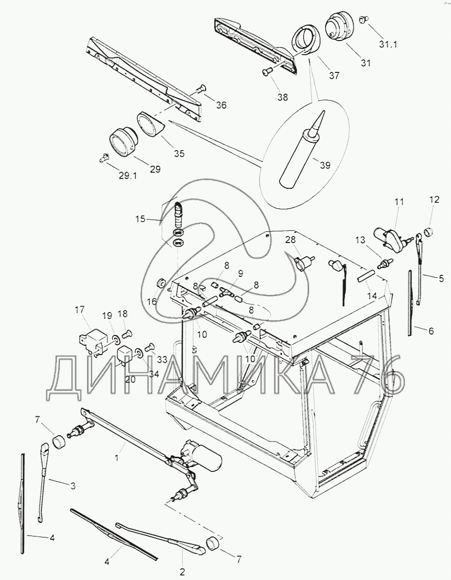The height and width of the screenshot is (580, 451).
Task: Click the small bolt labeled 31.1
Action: (x=363, y=19)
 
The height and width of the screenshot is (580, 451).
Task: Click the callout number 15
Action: (x=141, y=219)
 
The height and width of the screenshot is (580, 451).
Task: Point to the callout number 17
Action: (x=79, y=309)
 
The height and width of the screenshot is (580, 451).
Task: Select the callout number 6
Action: (x=431, y=331)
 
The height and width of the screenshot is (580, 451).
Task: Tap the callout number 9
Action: (x=240, y=274)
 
